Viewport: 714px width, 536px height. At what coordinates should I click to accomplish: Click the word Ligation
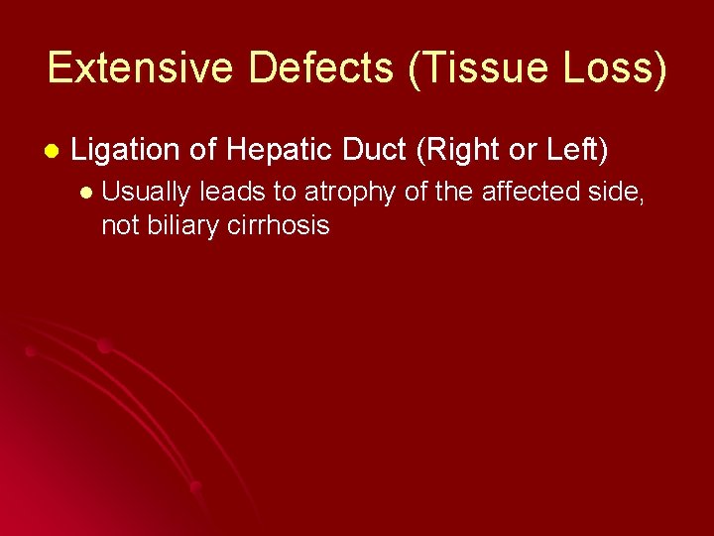126,150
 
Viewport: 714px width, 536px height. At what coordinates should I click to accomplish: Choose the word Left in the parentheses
573,150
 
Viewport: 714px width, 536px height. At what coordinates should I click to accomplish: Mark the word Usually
147,193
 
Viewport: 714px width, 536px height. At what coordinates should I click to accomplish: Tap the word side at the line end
618,193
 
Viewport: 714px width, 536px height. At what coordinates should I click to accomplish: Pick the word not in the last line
119,225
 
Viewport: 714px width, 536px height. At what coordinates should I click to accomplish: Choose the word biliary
181,225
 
